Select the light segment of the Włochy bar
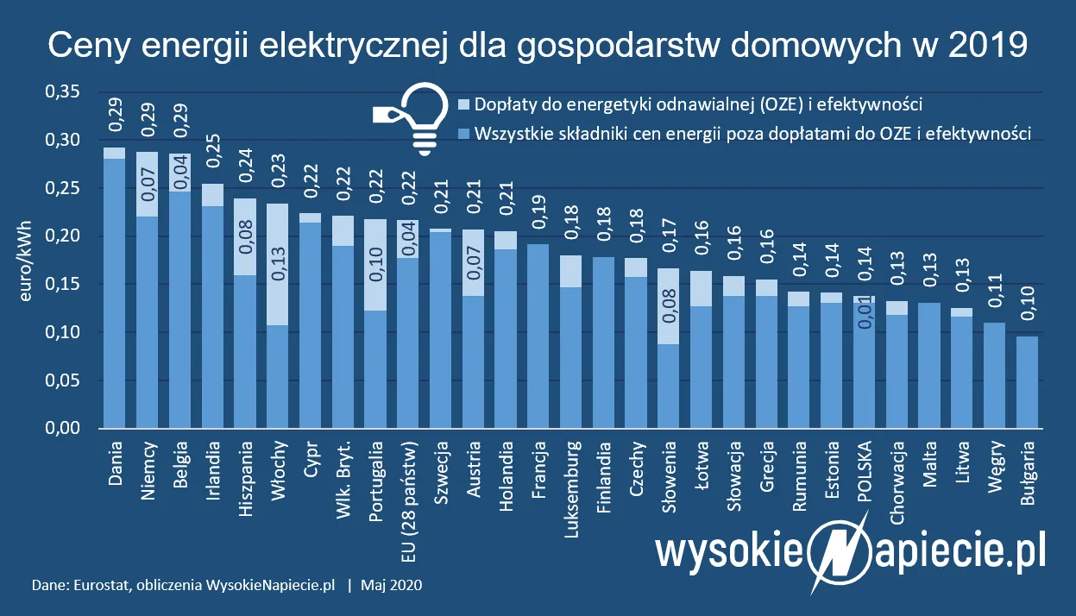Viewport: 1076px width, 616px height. [277, 264]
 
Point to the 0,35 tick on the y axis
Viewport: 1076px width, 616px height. [61, 91]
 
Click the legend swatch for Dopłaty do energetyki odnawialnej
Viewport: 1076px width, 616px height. [464, 105]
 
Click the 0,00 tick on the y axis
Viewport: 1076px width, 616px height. [61, 429]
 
